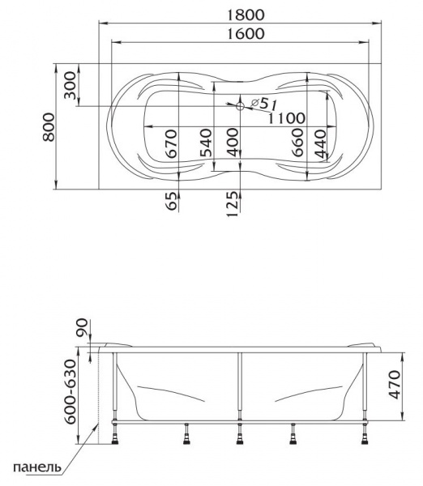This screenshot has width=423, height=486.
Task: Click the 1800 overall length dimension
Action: coord(246,15)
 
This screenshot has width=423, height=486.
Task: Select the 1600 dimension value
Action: coord(246,33)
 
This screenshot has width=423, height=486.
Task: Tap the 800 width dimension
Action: coord(49,127)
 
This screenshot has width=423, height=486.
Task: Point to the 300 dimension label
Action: coord(70,85)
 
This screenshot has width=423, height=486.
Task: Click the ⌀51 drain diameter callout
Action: coord(263,104)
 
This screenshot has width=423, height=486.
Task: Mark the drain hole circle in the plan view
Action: coord(240,106)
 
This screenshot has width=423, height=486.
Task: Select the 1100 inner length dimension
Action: coord(287,118)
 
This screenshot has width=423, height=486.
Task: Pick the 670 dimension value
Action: coord(172,143)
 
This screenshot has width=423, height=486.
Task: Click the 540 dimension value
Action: coord(206,143)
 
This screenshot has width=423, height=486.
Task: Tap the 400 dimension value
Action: coord(233,143)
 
